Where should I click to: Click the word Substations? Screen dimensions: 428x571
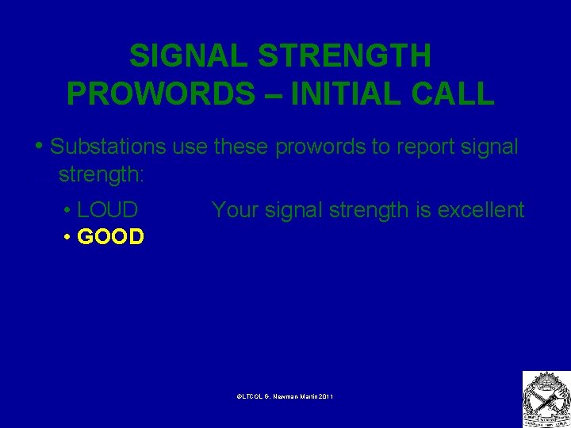pos(108,147)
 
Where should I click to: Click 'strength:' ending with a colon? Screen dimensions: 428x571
pos(102,174)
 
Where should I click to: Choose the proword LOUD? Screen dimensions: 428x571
pos(108,210)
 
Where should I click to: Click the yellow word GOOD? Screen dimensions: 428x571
pos(110,237)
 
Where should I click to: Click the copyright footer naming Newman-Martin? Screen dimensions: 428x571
pos(285,396)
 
